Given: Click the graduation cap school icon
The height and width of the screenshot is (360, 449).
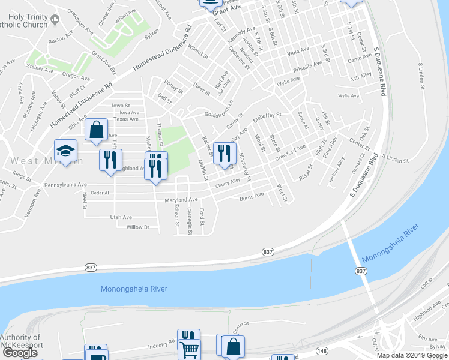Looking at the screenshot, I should tap(66, 150).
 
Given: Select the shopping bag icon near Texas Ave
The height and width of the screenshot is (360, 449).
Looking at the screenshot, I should tap(96, 130).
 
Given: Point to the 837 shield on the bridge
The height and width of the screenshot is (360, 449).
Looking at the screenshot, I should tap(361, 271).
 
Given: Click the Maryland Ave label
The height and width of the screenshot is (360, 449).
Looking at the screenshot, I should tap(182, 199).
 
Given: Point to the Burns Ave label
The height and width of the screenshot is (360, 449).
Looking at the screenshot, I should tap(252, 196).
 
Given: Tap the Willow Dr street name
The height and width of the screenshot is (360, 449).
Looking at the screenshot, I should tap(137, 227).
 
